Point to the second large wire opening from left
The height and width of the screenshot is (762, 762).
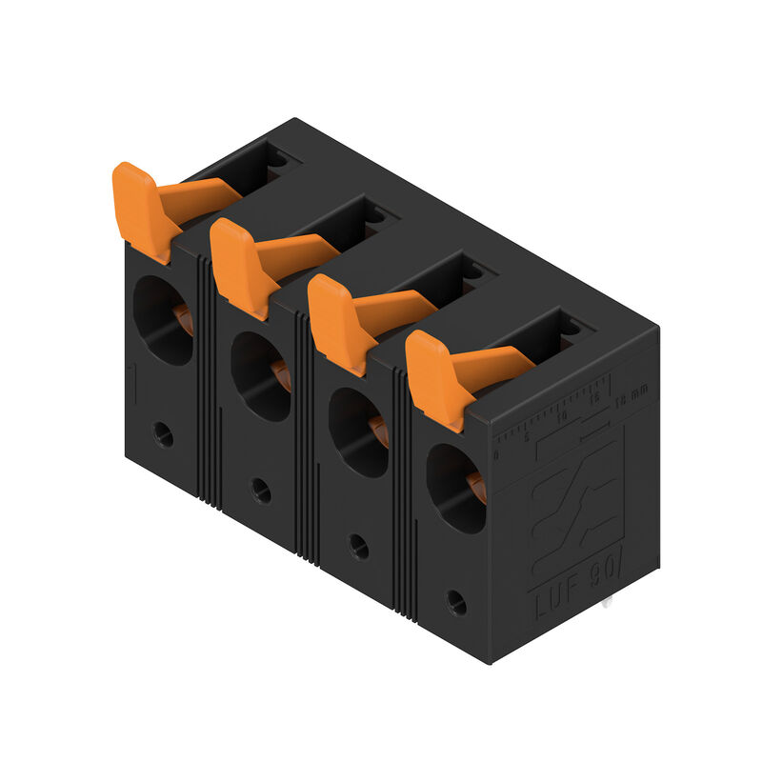point(260,376)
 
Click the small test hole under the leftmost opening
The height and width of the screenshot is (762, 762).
point(164,435)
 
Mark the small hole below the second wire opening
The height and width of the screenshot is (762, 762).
point(261,491)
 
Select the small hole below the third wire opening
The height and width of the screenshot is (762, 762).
point(359,546)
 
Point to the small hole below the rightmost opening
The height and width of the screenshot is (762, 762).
point(456,602)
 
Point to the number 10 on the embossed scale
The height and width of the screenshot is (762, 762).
point(563,416)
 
